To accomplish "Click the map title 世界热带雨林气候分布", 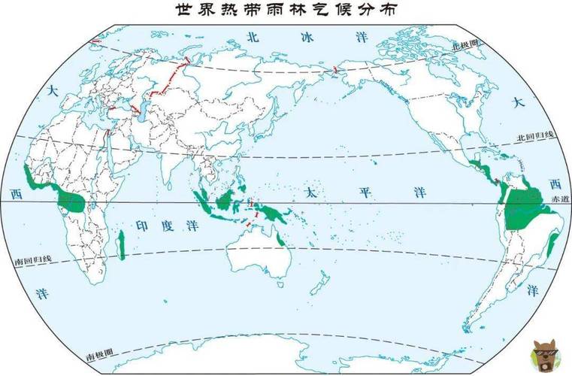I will tap(285, 10).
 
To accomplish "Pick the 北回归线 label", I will tap(534, 137).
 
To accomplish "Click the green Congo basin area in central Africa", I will tap(72, 202).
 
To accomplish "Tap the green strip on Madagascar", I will tap(121, 246).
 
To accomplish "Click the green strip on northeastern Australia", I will tap(279, 238).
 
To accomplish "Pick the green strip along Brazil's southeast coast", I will tap(552, 245).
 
